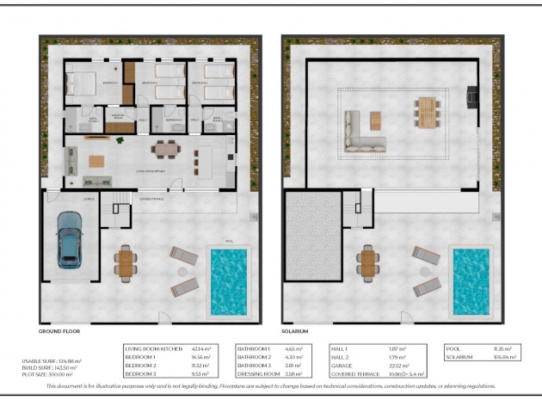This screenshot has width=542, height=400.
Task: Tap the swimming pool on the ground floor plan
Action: click(x=229, y=280)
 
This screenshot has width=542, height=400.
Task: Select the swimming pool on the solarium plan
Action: click(x=471, y=280)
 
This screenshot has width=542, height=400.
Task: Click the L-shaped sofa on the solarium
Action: click(x=366, y=132)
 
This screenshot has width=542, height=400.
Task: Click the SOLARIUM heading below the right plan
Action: click(x=295, y=330)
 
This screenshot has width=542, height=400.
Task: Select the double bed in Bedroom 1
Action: click(x=83, y=83)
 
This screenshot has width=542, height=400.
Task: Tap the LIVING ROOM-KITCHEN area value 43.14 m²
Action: click(x=203, y=348)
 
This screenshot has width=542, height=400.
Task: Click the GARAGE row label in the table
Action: click(x=344, y=366)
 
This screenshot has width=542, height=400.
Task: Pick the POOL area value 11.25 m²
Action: click(x=501, y=348)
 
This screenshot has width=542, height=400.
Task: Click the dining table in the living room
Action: click(x=164, y=149)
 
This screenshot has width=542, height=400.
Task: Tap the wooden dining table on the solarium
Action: click(x=428, y=110)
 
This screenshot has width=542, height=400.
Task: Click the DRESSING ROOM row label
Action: click(x=258, y=375)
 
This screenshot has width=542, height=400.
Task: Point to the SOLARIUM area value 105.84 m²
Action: click(x=502, y=356)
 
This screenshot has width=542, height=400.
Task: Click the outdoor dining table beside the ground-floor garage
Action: click(x=126, y=263)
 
